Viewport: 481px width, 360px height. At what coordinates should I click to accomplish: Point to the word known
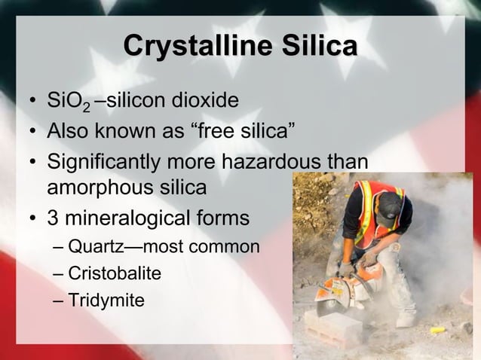[128, 133]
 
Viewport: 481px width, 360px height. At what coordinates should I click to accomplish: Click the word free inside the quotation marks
[222, 133]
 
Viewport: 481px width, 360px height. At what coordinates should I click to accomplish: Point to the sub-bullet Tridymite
[105, 301]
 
